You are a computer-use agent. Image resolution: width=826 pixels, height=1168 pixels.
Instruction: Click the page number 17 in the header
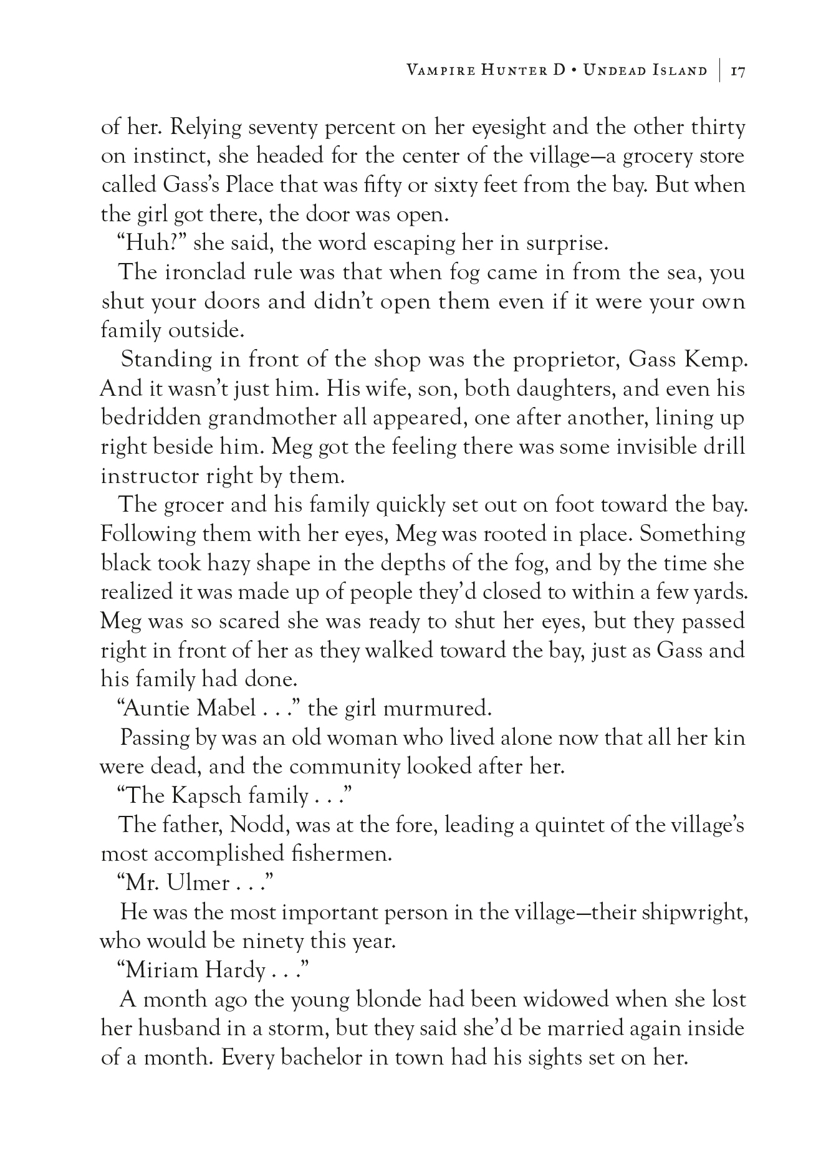(x=738, y=70)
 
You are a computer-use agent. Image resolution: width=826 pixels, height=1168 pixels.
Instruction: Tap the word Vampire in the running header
(x=440, y=70)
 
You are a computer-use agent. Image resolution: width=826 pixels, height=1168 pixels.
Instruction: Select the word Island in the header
(x=676, y=70)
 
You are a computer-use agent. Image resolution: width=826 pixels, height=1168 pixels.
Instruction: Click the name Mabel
(x=225, y=709)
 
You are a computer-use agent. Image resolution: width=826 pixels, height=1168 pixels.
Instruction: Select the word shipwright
(x=690, y=913)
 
